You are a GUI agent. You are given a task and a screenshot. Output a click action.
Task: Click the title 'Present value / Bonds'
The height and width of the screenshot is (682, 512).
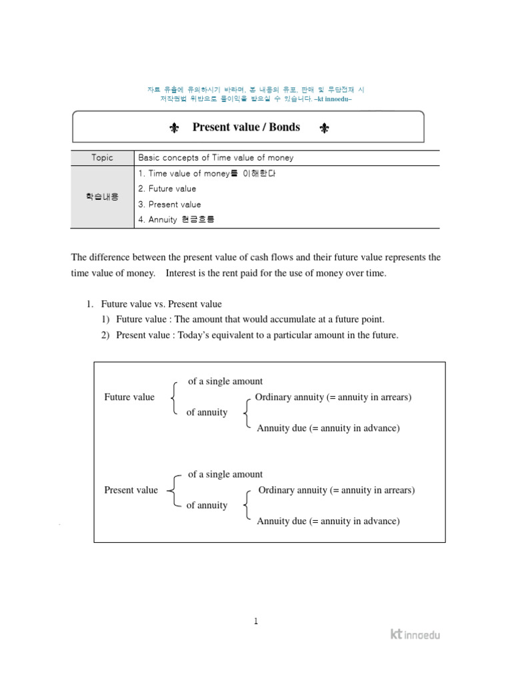(246, 127)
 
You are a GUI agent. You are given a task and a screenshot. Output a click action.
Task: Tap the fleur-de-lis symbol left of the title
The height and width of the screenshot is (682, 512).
(174, 128)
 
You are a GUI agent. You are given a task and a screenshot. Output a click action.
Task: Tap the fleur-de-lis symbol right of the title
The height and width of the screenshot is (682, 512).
(324, 128)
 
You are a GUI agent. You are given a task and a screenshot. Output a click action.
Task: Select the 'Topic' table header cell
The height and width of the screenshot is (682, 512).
(103, 158)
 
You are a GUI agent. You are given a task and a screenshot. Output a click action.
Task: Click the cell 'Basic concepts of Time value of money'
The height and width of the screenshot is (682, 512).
(215, 158)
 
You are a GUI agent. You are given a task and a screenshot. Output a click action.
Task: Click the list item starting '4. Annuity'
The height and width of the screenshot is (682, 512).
(177, 220)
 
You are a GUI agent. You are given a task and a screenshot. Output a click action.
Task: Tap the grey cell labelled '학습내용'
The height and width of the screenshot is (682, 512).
(103, 196)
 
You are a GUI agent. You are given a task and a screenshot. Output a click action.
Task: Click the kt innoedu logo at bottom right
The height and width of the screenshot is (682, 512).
(415, 634)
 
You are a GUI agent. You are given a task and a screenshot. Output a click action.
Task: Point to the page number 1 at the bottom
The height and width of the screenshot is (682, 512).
(255, 621)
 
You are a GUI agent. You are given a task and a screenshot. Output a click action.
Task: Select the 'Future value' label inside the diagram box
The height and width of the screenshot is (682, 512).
(129, 397)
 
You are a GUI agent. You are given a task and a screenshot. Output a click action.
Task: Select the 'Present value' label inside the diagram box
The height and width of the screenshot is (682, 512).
(131, 490)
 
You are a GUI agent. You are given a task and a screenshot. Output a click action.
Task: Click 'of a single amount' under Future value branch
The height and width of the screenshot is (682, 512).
(225, 382)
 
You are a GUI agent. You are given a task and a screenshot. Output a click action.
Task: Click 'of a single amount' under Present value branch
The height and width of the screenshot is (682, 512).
(225, 474)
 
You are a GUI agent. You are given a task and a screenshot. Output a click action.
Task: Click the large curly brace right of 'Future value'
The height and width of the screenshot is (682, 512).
(174, 398)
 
